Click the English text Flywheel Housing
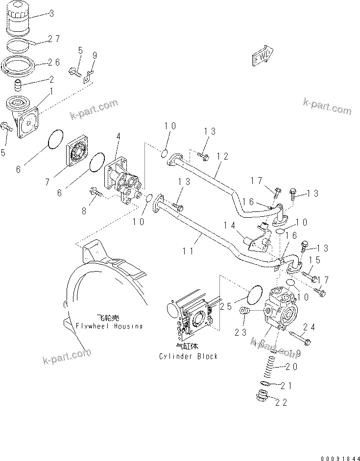click(109, 326)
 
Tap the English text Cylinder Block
click(188, 356)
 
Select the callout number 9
click(95, 55)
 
